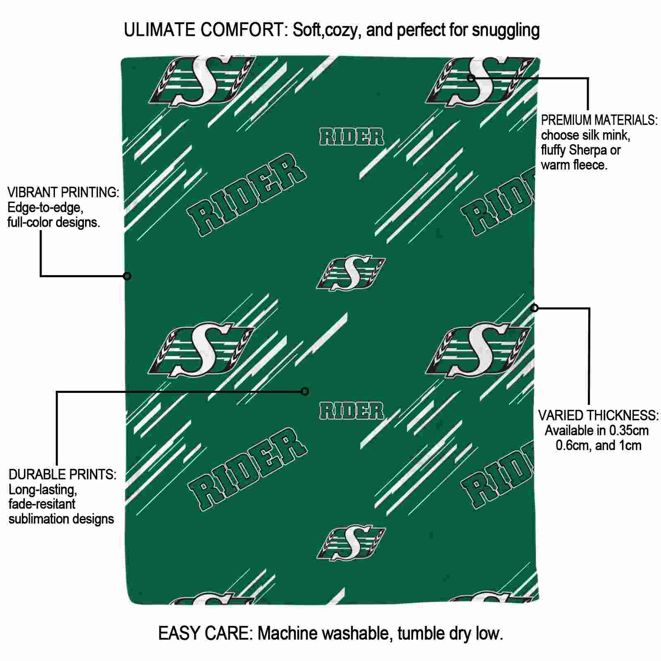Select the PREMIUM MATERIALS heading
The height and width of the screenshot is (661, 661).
point(599,121)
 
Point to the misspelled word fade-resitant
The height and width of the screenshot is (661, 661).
point(42,504)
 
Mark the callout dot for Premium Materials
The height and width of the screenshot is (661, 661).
point(471,78)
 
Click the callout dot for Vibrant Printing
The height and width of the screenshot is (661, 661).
point(127,276)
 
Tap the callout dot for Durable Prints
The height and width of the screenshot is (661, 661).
point(305,391)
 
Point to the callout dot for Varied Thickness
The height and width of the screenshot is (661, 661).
point(535,308)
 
